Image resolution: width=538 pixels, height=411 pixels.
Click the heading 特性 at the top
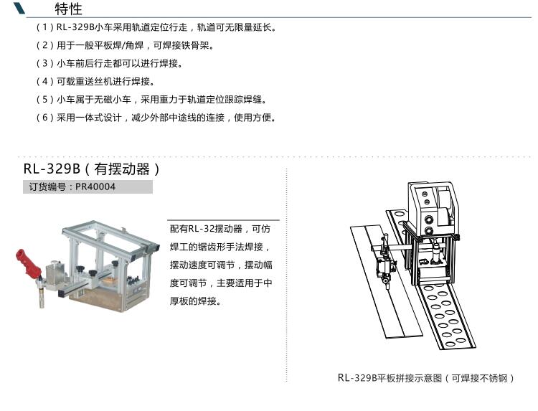68,9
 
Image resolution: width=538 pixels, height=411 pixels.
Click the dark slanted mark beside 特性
19,8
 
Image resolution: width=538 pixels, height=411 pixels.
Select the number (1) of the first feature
45,27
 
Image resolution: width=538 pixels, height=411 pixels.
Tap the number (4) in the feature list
45,81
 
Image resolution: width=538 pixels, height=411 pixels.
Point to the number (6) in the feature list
45,118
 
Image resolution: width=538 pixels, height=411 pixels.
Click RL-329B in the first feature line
75,27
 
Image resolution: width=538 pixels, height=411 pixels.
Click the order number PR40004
95,187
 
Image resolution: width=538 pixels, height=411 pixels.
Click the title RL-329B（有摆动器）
92,169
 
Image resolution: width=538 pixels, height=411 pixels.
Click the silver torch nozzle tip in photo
41,298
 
